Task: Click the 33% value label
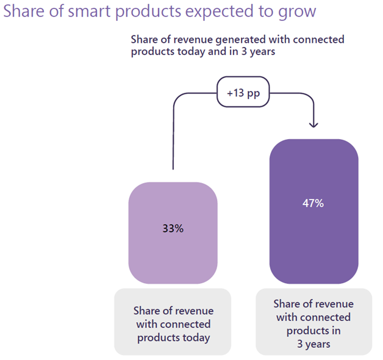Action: tap(173, 229)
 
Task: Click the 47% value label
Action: tap(313, 203)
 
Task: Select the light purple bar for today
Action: tap(173, 256)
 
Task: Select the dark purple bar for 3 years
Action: tap(313, 244)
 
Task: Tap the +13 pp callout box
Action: tap(243, 95)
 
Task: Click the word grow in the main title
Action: tap(299, 13)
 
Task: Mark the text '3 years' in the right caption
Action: tap(313, 344)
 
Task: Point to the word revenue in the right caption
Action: tap(334, 304)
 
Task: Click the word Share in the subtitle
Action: tap(145, 40)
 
